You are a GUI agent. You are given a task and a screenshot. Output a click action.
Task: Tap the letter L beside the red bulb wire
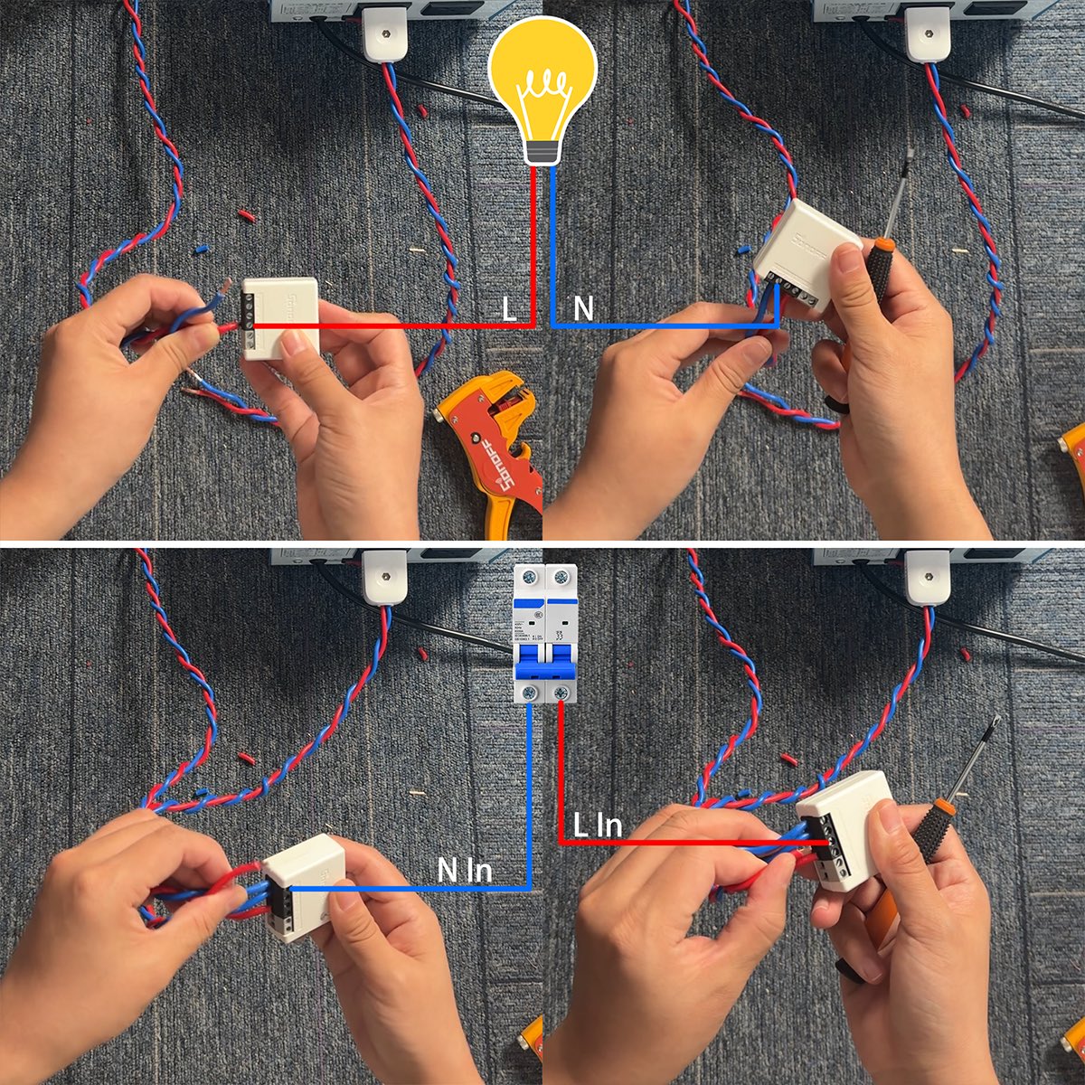[510, 309]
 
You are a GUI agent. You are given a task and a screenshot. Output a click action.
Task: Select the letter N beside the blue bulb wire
[583, 309]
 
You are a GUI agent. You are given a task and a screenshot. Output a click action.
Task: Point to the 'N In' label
[464, 871]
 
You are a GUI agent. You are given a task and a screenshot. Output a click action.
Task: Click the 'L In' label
[598, 826]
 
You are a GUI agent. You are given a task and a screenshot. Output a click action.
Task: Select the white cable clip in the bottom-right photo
[928, 577]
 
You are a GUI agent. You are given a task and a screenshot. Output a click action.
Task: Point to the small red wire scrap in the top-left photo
[246, 216]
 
